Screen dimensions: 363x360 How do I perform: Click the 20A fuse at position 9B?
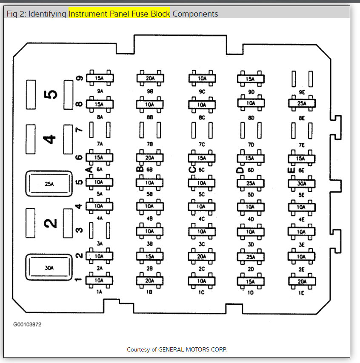[x=150, y=78]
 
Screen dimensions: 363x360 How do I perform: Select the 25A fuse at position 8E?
[x=302, y=103]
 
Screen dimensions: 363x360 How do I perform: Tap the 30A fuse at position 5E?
[x=302, y=184]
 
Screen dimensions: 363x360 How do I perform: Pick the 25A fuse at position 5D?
[x=251, y=184]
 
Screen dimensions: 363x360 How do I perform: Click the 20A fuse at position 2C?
[x=202, y=256]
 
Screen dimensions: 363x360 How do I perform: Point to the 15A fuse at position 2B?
[x=150, y=256]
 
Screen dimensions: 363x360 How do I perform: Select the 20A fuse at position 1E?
[x=302, y=281]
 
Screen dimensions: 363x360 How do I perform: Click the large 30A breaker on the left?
[x=49, y=268]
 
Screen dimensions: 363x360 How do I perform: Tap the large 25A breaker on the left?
[x=49, y=184]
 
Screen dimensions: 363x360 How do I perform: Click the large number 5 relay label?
[x=50, y=94]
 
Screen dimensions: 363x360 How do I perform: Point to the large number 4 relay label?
[x=50, y=139]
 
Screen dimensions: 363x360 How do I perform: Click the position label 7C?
[x=202, y=145]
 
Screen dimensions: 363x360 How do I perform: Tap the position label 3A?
[x=99, y=244]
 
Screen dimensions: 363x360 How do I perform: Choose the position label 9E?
[x=302, y=92]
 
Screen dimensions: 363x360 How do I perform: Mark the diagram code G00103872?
[x=27, y=324]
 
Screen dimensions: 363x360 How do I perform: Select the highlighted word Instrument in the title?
[x=88, y=14]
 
